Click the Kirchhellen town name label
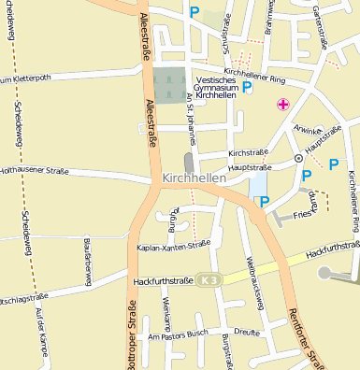point(194,178)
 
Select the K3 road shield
point(212,278)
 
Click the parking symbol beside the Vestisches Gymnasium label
point(247,87)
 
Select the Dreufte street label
point(247,331)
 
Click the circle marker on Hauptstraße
point(298,158)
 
